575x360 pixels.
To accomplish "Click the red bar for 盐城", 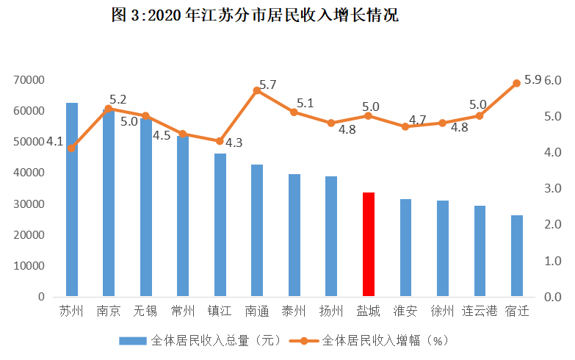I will click(x=368, y=245).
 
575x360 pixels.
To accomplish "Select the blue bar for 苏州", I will click(x=72, y=200).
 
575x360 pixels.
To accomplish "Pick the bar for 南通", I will click(x=257, y=231).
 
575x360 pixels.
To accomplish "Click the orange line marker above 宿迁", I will click(x=516, y=83).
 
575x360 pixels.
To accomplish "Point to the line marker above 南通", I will click(x=257, y=90).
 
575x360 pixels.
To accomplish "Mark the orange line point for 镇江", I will click(x=220, y=141).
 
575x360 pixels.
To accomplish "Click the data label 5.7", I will click(x=268, y=85).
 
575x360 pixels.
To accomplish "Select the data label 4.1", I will click(x=54, y=141).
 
